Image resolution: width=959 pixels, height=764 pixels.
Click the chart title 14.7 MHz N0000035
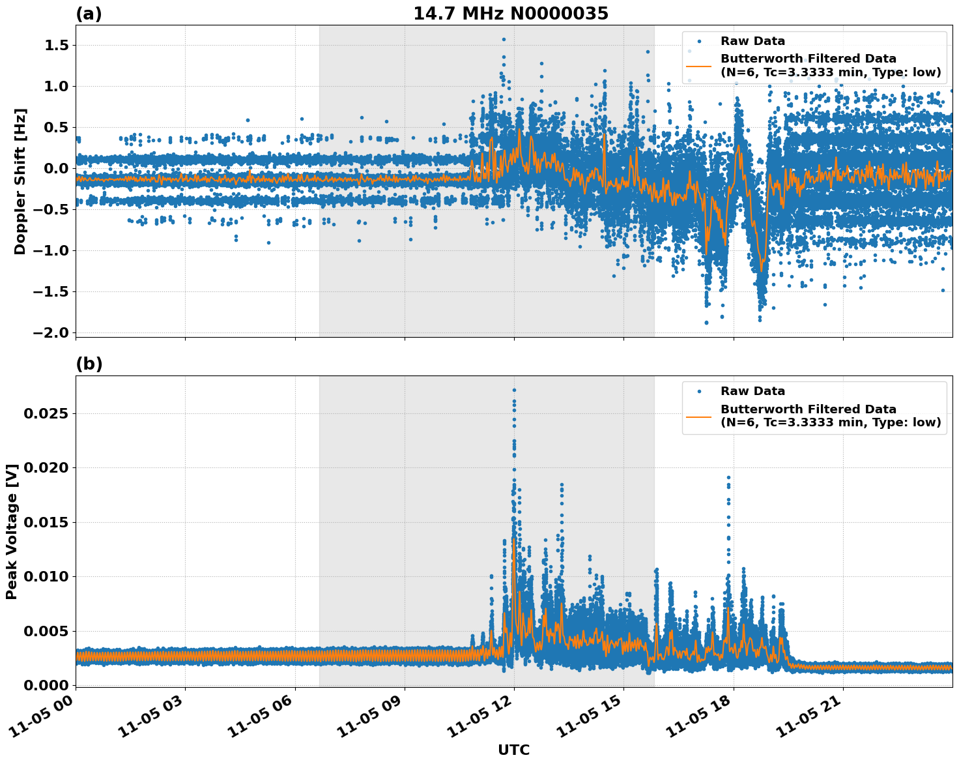[511, 14]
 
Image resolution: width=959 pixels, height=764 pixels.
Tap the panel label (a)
[89, 14]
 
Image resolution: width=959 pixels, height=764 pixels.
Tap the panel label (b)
[89, 364]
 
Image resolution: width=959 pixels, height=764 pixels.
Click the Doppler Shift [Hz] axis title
[20, 181]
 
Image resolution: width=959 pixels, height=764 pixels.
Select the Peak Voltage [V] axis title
[11, 531]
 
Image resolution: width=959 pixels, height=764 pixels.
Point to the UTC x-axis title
[513, 750]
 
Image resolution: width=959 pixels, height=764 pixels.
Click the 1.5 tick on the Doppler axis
[57, 46]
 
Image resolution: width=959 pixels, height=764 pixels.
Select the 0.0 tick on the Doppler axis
[57, 169]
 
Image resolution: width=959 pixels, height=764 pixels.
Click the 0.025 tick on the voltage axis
[50, 414]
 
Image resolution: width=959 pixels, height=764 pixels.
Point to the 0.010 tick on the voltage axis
[50, 577]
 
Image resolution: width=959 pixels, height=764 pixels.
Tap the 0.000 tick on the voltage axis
[50, 685]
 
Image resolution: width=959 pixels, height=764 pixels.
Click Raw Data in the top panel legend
[752, 41]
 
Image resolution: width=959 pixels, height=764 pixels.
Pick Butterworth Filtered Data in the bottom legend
[808, 409]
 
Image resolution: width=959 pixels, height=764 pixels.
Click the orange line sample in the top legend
[698, 66]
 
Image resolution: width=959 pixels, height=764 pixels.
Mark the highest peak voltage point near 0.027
[514, 390]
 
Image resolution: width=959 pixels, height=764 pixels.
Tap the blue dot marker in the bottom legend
[698, 391]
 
